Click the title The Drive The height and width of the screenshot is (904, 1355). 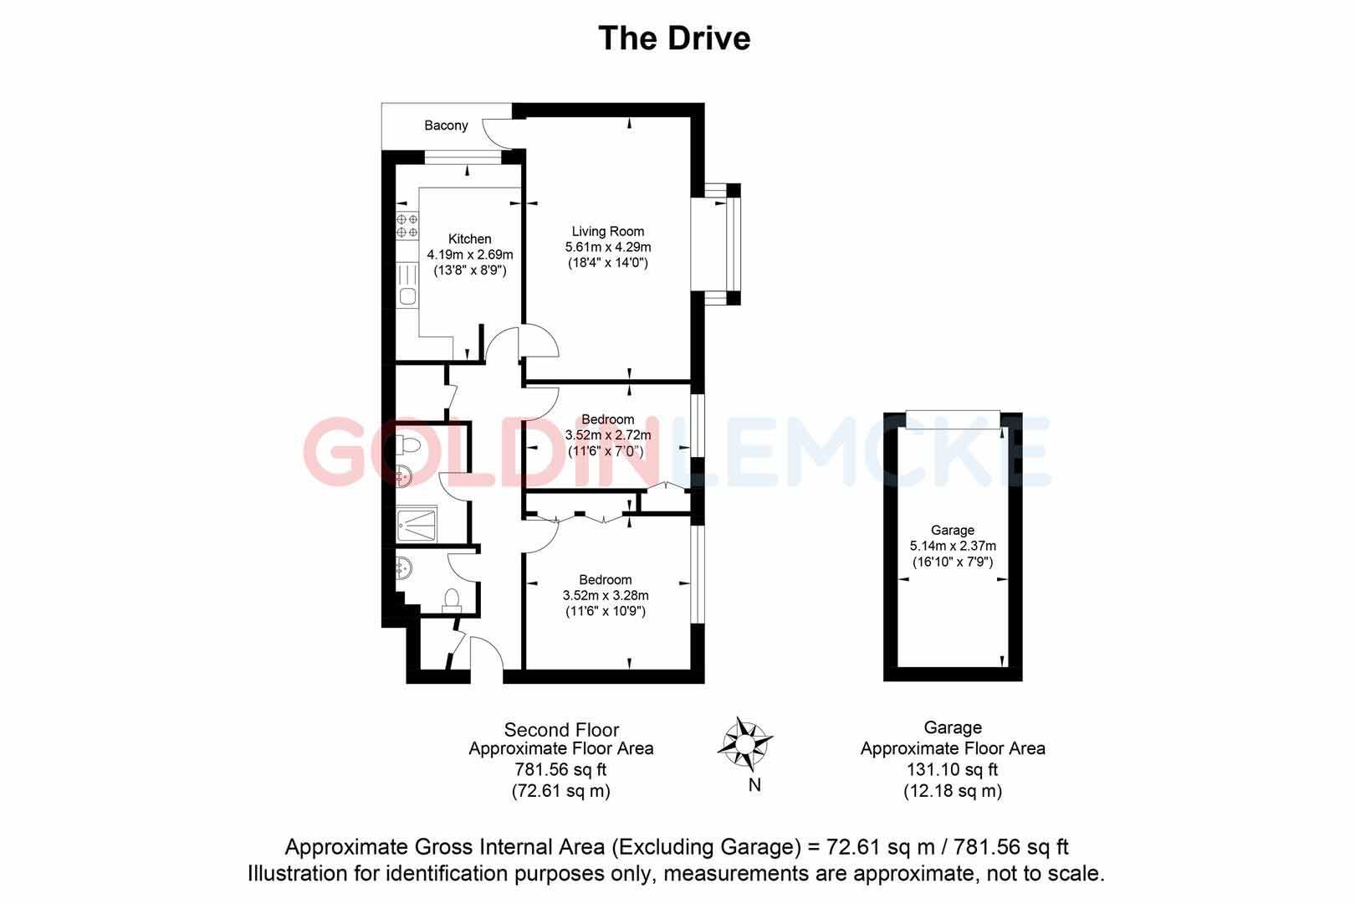[x=674, y=39]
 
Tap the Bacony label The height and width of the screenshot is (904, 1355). [x=446, y=126]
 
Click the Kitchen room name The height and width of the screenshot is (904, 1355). [x=469, y=239]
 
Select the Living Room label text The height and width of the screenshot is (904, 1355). [x=608, y=231]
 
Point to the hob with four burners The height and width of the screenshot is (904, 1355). [x=407, y=224]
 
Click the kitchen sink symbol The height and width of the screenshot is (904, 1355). [x=407, y=295]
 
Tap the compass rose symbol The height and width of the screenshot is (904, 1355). [x=744, y=742]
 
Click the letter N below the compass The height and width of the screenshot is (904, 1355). [x=754, y=784]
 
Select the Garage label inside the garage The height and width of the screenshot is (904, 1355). [x=953, y=530]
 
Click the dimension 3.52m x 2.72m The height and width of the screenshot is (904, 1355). [x=608, y=435]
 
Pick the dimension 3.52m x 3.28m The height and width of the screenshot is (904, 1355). [x=606, y=595]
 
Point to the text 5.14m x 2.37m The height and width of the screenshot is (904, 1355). [x=953, y=546]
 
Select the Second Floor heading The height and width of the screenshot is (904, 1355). [x=561, y=730]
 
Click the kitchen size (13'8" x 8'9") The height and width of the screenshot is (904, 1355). [x=469, y=270]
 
